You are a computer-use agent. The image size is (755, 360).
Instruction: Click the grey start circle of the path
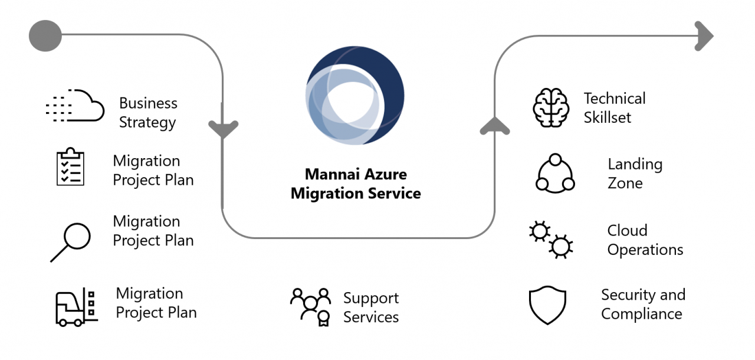tap(45, 36)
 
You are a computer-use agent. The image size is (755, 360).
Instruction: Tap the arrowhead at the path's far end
tap(704, 36)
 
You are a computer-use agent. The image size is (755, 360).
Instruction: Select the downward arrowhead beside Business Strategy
tap(223, 128)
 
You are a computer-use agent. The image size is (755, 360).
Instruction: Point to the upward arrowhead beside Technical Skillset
tap(495, 126)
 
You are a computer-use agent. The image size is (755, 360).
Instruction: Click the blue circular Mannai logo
tap(354, 96)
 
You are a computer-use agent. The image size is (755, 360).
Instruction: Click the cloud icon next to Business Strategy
tap(75, 105)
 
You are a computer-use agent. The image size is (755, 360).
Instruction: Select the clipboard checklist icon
tap(70, 166)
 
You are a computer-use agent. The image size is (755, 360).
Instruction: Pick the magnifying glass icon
tap(71, 242)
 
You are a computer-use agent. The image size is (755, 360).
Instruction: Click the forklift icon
tap(77, 307)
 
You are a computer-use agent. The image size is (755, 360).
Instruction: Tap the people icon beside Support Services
tap(310, 307)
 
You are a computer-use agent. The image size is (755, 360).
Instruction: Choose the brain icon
tap(551, 108)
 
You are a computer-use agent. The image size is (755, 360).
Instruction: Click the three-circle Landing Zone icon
tap(555, 174)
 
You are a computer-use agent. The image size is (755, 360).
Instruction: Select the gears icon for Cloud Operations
tap(551, 240)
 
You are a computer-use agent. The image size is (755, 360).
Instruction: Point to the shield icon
tap(547, 305)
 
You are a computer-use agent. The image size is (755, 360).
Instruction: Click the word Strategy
tap(147, 123)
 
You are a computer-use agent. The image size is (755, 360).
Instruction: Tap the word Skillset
tap(608, 117)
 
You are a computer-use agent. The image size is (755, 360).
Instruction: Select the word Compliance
tap(641, 315)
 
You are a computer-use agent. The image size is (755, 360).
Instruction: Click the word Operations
tap(645, 250)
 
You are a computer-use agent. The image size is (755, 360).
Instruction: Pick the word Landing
tap(635, 165)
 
